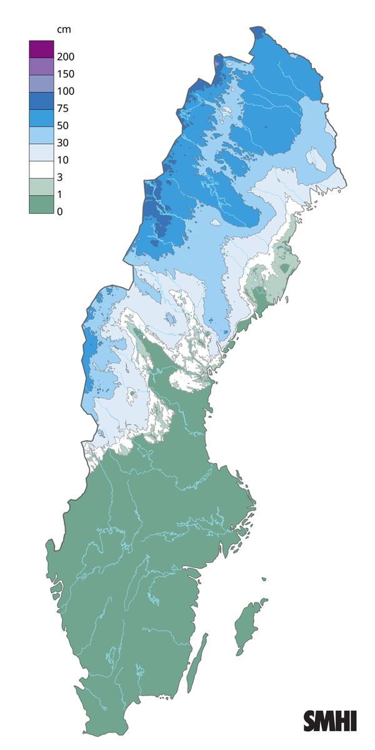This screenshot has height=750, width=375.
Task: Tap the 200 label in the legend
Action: (x=65, y=57)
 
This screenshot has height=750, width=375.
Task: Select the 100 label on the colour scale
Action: (x=65, y=91)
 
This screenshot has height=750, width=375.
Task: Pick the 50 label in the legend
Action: (x=62, y=126)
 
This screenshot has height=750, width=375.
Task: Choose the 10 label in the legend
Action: (x=62, y=160)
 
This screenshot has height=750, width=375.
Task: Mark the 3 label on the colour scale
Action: (x=60, y=177)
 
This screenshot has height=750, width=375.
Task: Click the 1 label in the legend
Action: (x=60, y=194)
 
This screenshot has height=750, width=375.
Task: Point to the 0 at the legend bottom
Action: (x=60, y=212)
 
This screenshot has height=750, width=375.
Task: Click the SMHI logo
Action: (x=330, y=721)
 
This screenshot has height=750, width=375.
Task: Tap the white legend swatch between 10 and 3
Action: (x=41, y=169)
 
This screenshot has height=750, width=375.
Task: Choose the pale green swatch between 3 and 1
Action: (x=41, y=186)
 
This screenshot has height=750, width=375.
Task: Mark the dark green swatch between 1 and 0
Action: (x=41, y=204)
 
